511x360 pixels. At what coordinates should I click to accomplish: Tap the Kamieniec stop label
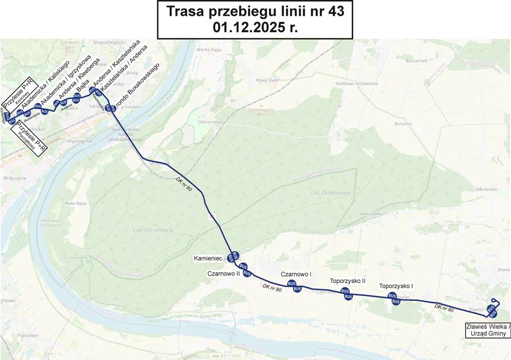point(209,259)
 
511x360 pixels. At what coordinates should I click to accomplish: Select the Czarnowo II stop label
point(224,273)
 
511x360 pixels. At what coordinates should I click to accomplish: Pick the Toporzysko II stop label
point(347,281)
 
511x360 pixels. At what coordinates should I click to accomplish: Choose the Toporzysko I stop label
point(396,286)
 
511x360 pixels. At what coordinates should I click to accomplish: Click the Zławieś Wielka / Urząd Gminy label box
point(488,330)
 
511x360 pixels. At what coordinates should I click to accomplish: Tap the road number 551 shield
point(233,101)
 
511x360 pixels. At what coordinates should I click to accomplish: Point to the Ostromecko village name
point(211,122)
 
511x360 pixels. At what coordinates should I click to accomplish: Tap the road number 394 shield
point(215,356)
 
